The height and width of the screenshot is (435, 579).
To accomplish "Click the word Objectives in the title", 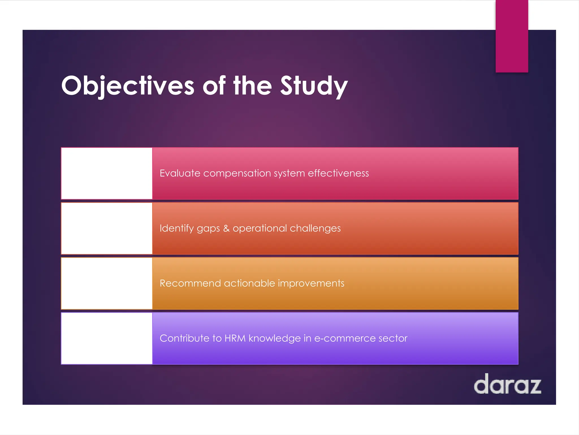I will point(128,86).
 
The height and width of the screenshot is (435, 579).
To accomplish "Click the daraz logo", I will point(507,384).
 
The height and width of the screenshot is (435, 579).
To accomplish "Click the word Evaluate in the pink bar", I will point(180,173).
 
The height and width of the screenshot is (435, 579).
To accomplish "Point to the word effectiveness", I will point(338,173).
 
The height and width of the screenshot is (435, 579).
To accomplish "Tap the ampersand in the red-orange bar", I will point(226,228).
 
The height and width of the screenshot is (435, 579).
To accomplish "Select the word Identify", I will point(176,228).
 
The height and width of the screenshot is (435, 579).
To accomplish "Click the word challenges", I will point(315,228).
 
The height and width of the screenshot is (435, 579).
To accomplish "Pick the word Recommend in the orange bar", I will point(190,283).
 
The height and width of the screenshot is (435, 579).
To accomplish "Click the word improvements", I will point(311,283).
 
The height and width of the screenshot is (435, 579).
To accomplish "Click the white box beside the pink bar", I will point(107,173).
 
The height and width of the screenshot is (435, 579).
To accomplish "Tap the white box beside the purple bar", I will point(107,338).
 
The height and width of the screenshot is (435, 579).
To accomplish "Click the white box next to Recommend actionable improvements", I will point(107,283).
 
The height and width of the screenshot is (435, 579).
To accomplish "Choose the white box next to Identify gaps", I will point(107,228).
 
